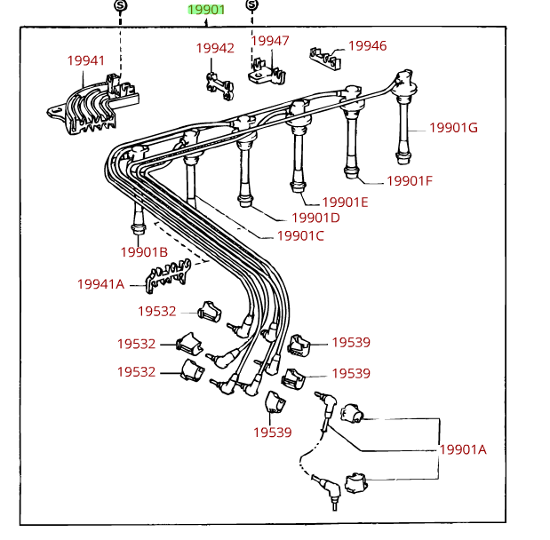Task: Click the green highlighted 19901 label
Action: (205, 11)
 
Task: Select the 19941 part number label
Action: (86, 60)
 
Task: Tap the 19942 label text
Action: (215, 48)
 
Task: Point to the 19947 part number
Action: (269, 41)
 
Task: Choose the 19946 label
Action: (367, 45)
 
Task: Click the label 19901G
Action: (453, 127)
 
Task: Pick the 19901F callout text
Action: (409, 180)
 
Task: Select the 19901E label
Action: (345, 202)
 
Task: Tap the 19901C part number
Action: (300, 235)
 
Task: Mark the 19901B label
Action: (144, 251)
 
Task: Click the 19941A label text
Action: (100, 284)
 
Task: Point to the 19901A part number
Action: (463, 449)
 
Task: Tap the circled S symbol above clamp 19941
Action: (121, 7)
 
